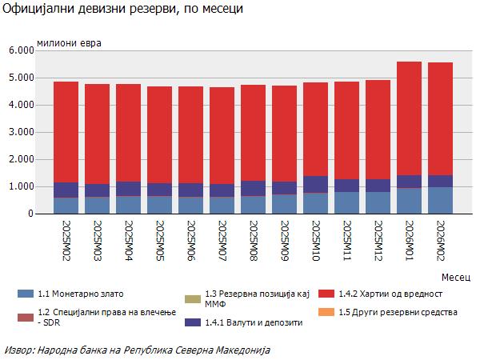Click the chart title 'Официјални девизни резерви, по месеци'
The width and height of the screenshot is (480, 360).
click(123, 10)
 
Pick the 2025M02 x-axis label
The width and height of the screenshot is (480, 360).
click(66, 240)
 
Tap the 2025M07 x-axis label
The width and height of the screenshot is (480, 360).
click(222, 240)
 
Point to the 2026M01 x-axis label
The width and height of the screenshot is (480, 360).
click(409, 240)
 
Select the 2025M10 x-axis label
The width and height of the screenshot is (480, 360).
click(315, 240)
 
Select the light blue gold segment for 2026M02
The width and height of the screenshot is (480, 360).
click(440, 200)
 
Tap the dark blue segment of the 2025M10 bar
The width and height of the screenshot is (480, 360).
click(315, 184)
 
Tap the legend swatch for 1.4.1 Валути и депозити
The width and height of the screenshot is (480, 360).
click(192, 322)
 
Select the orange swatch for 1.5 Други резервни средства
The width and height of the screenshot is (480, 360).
click(325, 311)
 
